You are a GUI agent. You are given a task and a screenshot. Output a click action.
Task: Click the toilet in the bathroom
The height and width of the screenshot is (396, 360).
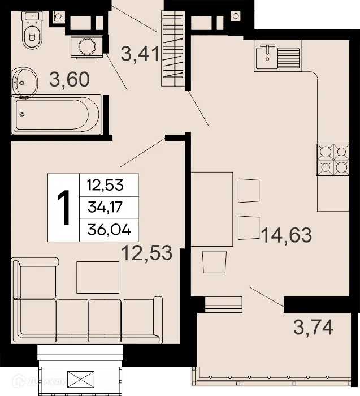pyautogui.click(x=33, y=35)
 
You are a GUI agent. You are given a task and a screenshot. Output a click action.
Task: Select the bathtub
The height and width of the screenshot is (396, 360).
pyautogui.click(x=57, y=114)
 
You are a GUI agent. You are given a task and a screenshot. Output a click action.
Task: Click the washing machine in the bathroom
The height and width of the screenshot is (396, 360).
pyautogui.click(x=86, y=46)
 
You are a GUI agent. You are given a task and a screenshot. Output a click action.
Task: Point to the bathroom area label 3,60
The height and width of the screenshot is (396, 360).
pyautogui.click(x=69, y=80)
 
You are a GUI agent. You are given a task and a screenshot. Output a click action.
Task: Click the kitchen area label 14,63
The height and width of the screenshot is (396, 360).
pyautogui.click(x=286, y=234)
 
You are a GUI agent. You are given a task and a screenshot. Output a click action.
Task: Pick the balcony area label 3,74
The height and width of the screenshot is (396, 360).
pyautogui.click(x=313, y=326)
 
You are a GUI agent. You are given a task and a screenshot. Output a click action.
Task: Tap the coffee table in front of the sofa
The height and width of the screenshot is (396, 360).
pyautogui.click(x=98, y=277)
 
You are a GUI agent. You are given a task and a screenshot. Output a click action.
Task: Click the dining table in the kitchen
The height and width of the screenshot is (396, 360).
pyautogui.click(x=211, y=209)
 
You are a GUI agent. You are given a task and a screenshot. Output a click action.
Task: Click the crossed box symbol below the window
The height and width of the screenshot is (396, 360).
pyautogui.click(x=80, y=378)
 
